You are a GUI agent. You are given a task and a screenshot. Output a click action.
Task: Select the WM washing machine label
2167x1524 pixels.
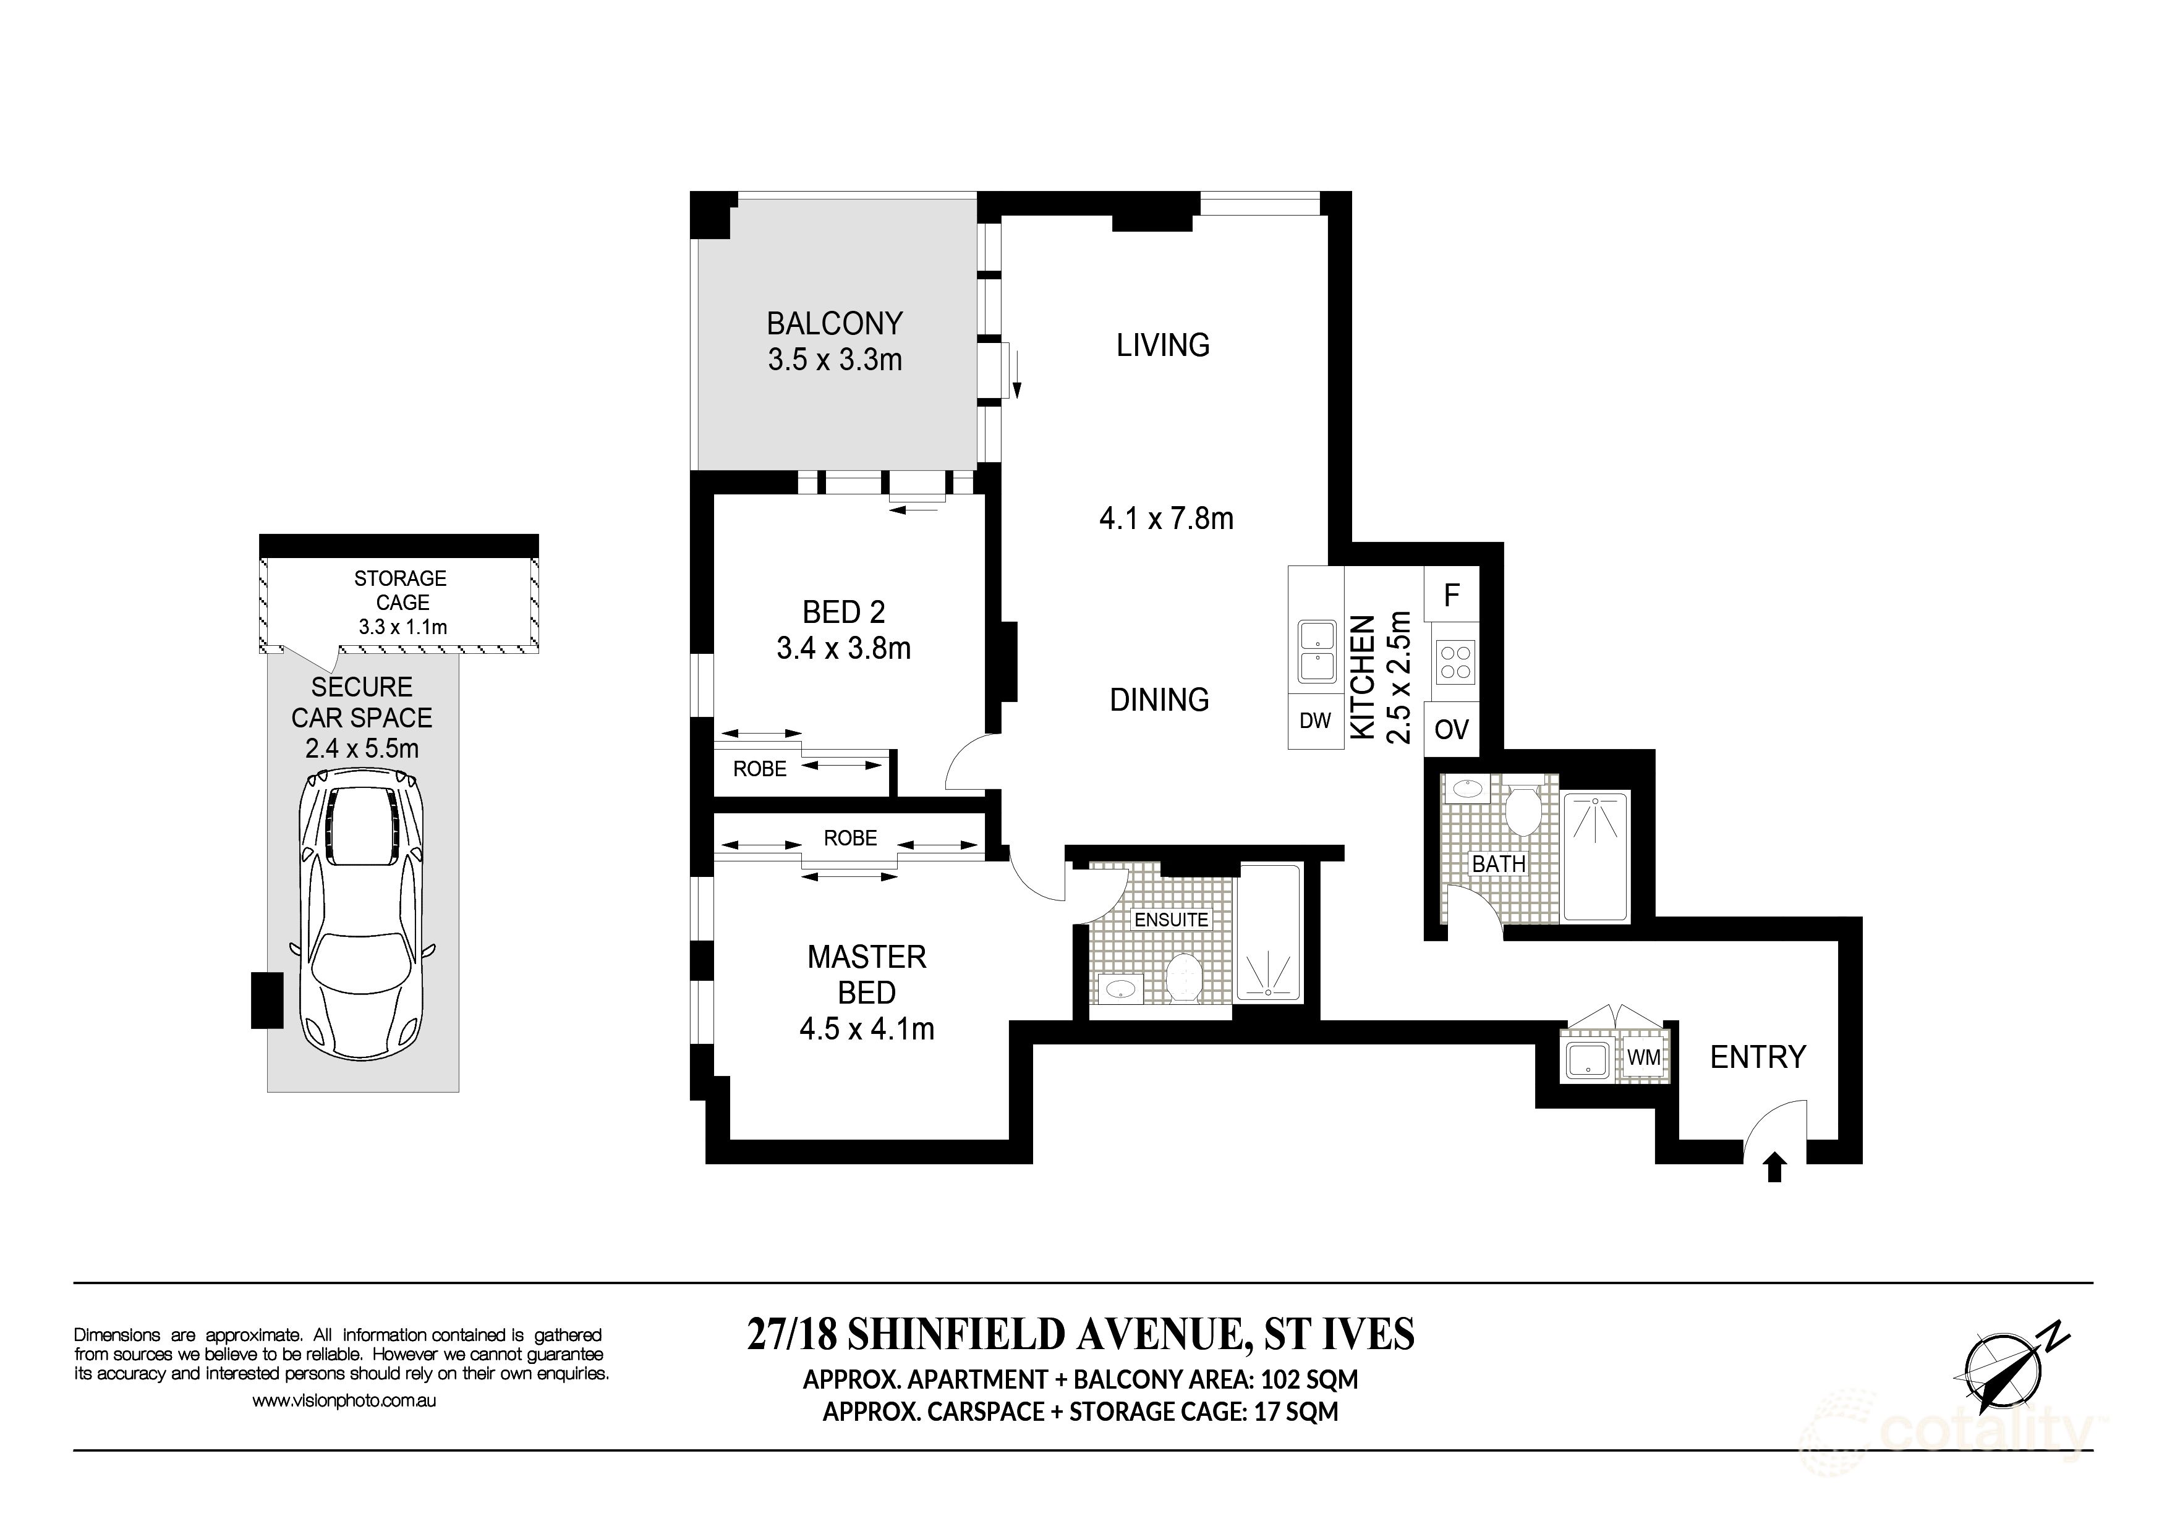[x=1643, y=1059]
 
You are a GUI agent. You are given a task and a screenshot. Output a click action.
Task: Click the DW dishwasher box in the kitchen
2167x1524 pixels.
[x=1316, y=722]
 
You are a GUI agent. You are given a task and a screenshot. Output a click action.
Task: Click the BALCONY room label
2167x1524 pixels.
[x=834, y=324]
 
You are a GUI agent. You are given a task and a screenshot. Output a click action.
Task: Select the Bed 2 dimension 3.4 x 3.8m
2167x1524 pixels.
[x=844, y=648]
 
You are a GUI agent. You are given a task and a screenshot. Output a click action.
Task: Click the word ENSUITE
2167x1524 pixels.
[x=1171, y=919]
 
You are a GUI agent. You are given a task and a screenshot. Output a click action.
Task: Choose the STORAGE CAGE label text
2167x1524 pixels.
[x=401, y=590]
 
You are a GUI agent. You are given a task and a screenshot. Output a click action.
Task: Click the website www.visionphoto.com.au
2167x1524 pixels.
[x=344, y=1401]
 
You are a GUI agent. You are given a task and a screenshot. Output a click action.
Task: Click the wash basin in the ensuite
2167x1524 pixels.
[x=1120, y=989]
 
